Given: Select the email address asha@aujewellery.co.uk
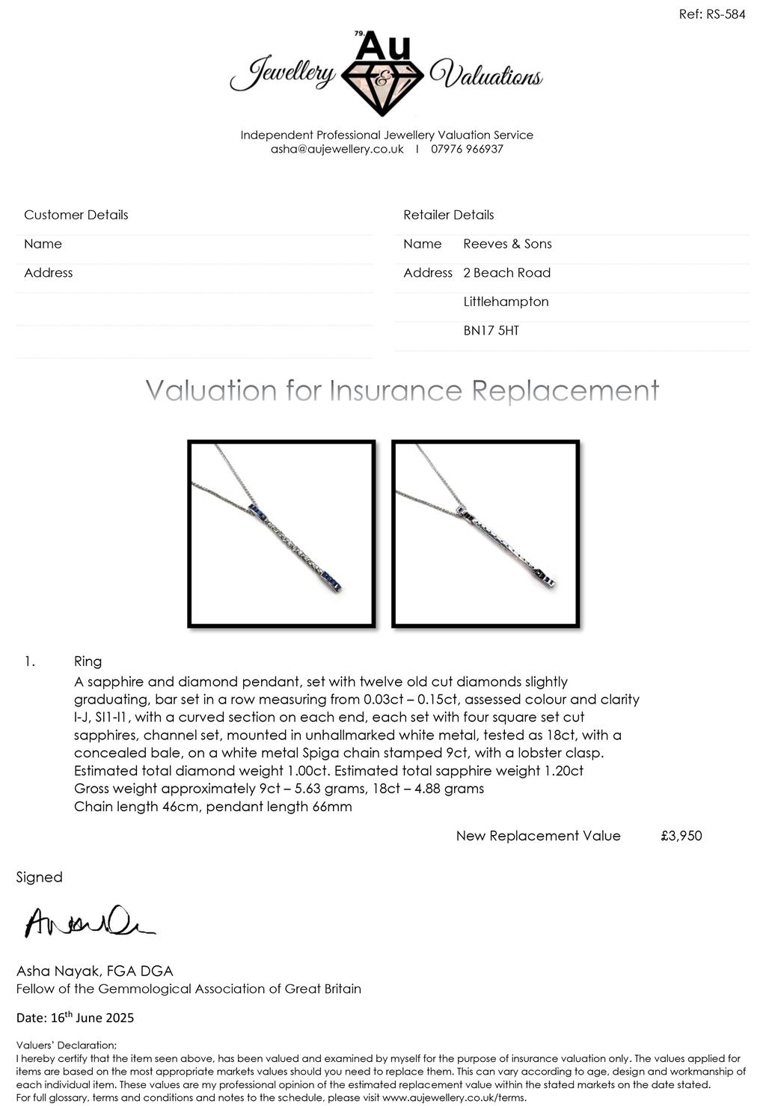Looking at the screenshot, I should coord(337,149).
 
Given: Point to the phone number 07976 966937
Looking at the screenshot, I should coord(467,149).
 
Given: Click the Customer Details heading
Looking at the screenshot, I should coord(76,215).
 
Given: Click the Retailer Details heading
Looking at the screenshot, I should coord(448,215).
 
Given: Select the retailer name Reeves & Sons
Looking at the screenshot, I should coord(507,244).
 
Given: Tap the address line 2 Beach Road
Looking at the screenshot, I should coord(506,273).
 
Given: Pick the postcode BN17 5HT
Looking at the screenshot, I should coord(491,331).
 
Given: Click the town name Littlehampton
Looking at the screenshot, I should coord(506,302).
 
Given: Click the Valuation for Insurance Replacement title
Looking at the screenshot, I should coord(402,391).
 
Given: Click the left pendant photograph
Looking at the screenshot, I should coord(281,534).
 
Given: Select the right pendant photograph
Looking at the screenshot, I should coord(485,534).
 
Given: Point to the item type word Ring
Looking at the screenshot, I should coord(88,662).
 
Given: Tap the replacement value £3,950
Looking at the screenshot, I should coord(681,836).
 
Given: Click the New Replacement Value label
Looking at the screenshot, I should coord(538,836).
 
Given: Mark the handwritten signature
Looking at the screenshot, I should coord(88,923).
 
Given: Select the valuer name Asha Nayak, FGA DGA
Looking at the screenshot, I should coord(94,971).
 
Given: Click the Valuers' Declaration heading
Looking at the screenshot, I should coord(67,1045).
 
